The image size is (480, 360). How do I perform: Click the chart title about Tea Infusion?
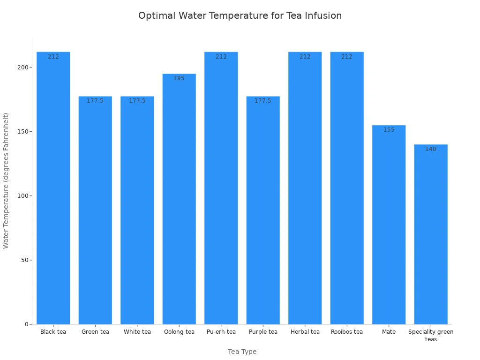pos(240,15)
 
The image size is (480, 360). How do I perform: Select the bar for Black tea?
pos(53,187)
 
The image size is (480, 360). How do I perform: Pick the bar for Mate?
pos(389,225)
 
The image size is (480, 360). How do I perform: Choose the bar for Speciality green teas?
pos(431,234)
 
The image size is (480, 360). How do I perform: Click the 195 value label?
pos(179,78)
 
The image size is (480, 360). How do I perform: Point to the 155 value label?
pos(389,130)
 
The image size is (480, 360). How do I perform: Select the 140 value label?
pos(431,149)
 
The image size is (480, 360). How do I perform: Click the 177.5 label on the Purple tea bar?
pos(263,101)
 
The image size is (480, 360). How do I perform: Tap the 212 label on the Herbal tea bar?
pos(305,57)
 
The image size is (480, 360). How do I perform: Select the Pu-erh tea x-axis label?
pos(221,332)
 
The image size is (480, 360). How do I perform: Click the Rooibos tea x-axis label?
pos(347,332)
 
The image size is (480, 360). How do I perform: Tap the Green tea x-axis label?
pos(95,332)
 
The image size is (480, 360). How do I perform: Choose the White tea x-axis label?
pos(137,332)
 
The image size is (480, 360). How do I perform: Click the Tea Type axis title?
pos(242,352)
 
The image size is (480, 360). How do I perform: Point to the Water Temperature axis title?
pos(6,180)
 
